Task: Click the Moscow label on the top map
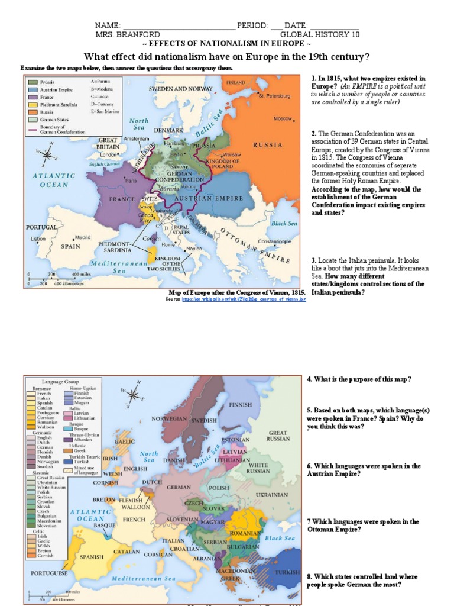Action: click(x=283, y=118)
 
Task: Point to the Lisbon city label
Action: click(x=38, y=239)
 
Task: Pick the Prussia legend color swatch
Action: click(x=32, y=82)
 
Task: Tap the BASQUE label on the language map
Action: click(x=105, y=525)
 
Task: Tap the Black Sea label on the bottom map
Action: click(x=280, y=538)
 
